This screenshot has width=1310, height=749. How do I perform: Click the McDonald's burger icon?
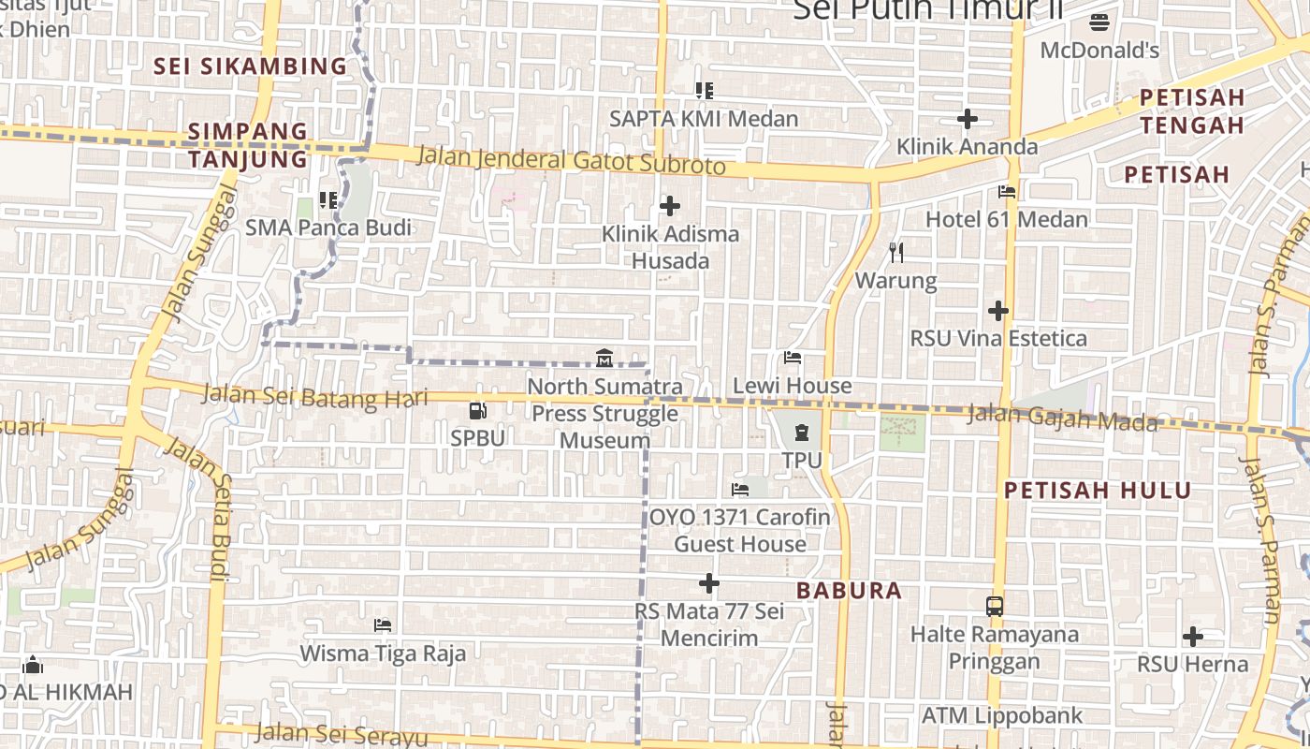1099,22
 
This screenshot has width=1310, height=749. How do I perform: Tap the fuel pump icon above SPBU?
477,410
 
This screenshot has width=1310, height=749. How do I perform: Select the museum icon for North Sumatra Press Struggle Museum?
604,358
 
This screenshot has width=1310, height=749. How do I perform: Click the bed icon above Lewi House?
793,358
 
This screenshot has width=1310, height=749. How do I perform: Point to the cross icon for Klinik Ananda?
968,119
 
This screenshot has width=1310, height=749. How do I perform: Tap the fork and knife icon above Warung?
896,252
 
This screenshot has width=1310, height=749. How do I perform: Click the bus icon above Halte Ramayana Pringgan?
995,606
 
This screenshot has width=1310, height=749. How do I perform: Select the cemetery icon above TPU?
802,433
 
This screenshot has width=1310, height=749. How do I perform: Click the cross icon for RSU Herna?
1192,637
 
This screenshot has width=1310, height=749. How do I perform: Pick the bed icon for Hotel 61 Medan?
1007,192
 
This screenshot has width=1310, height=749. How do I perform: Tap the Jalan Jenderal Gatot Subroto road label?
571,160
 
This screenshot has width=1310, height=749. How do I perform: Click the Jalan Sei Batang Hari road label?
315,396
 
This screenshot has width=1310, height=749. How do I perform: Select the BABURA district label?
850,591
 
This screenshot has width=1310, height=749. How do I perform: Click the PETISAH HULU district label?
1098,491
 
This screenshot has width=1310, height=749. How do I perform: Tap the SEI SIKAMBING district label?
251,66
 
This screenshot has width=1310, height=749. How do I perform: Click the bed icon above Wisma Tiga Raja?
382,624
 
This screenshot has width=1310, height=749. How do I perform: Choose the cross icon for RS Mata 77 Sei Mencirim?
709,583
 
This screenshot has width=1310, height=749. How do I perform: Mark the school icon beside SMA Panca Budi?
327,199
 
